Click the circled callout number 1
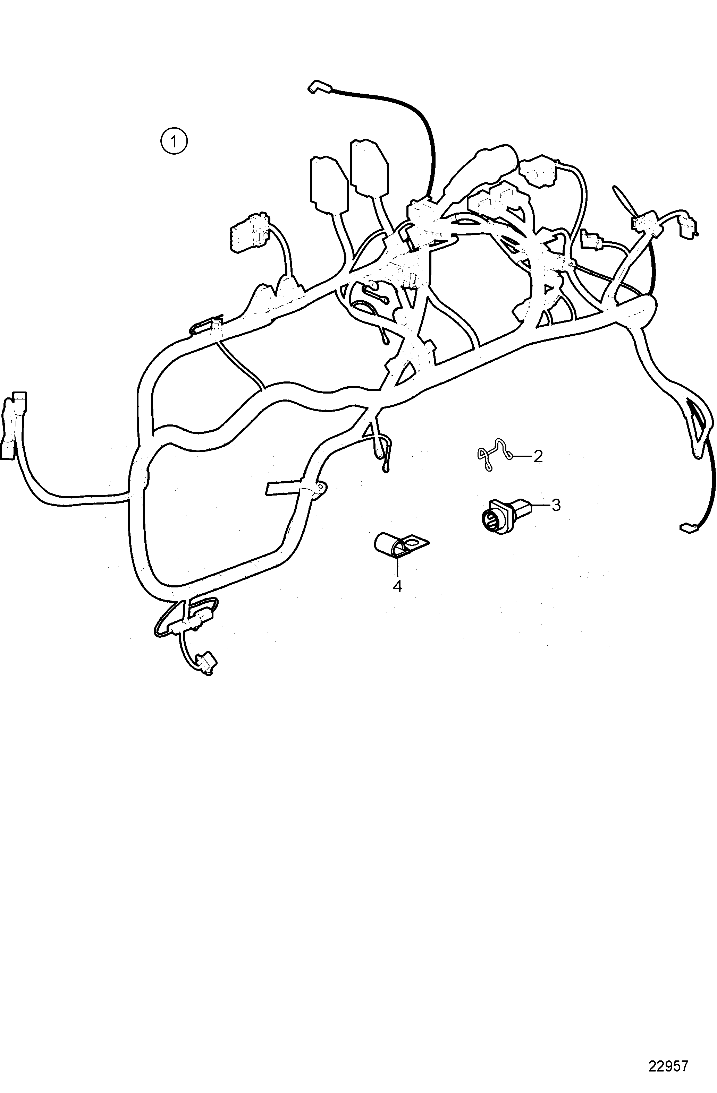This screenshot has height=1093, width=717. [x=174, y=141]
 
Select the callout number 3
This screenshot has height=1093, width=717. [x=556, y=505]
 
